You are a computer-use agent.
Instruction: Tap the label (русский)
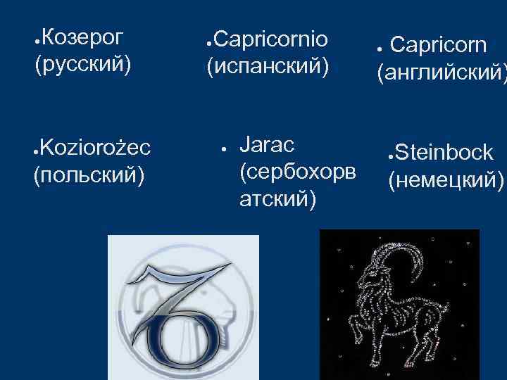(82, 65)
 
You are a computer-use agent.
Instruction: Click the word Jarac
(267, 146)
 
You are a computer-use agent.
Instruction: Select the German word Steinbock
(444, 153)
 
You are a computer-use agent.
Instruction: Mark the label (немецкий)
(446, 181)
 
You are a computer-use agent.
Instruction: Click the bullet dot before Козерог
(36, 37)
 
